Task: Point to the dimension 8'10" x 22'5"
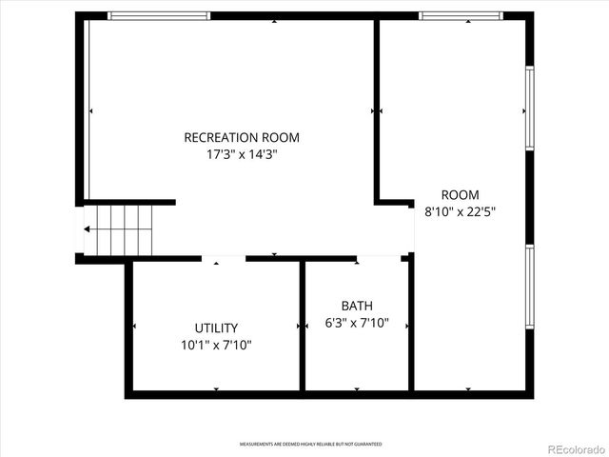(460, 211)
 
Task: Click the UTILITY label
(216, 328)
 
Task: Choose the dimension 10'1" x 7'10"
(216, 345)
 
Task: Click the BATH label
(357, 306)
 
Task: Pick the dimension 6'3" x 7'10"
(357, 323)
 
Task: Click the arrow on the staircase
(89, 229)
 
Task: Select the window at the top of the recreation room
(159, 15)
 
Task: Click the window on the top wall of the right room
(462, 15)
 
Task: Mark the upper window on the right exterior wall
(530, 108)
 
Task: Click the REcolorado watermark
(567, 447)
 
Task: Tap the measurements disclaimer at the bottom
(310, 445)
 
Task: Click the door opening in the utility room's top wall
(224, 258)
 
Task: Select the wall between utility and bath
(303, 324)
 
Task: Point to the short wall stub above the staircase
(128, 202)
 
